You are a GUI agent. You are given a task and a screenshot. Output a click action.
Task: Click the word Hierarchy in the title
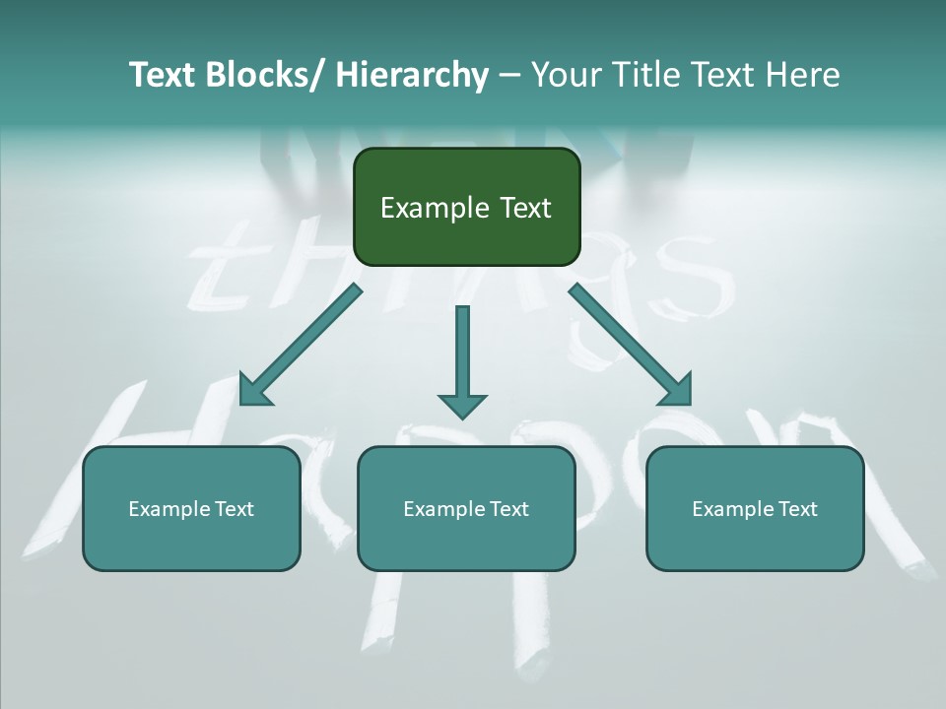[x=412, y=75]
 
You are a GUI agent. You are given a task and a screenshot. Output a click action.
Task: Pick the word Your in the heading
[x=565, y=75]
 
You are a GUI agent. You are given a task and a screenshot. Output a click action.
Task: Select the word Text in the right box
[x=796, y=509]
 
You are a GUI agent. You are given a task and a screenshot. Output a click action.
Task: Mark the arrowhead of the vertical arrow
[x=462, y=405]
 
